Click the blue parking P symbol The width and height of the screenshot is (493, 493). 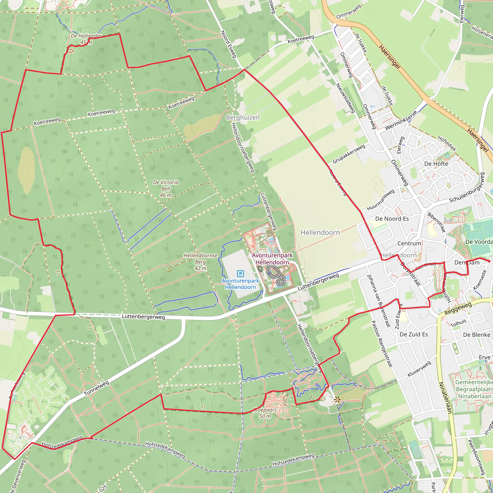pos(240,274)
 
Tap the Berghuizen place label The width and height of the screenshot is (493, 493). pos(243,117)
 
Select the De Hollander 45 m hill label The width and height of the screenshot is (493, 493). pos(86,39)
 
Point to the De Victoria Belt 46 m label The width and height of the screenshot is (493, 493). pos(166,188)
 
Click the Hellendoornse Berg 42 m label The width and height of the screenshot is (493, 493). pos(201,262)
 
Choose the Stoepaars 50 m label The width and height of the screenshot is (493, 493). pos(265,413)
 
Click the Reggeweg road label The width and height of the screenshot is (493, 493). pos(458,309)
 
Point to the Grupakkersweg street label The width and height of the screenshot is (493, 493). pos(349,154)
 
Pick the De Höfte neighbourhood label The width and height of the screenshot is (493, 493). pos(436,164)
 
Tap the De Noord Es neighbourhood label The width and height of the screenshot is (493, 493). pos(392,219)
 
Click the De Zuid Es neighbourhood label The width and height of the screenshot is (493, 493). pos(414,334)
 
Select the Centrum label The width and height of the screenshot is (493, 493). pos(409,243)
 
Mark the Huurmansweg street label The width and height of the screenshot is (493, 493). pos(381,200)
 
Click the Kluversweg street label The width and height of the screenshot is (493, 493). pos(419,369)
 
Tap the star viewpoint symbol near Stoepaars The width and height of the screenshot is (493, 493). pos(337,400)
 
